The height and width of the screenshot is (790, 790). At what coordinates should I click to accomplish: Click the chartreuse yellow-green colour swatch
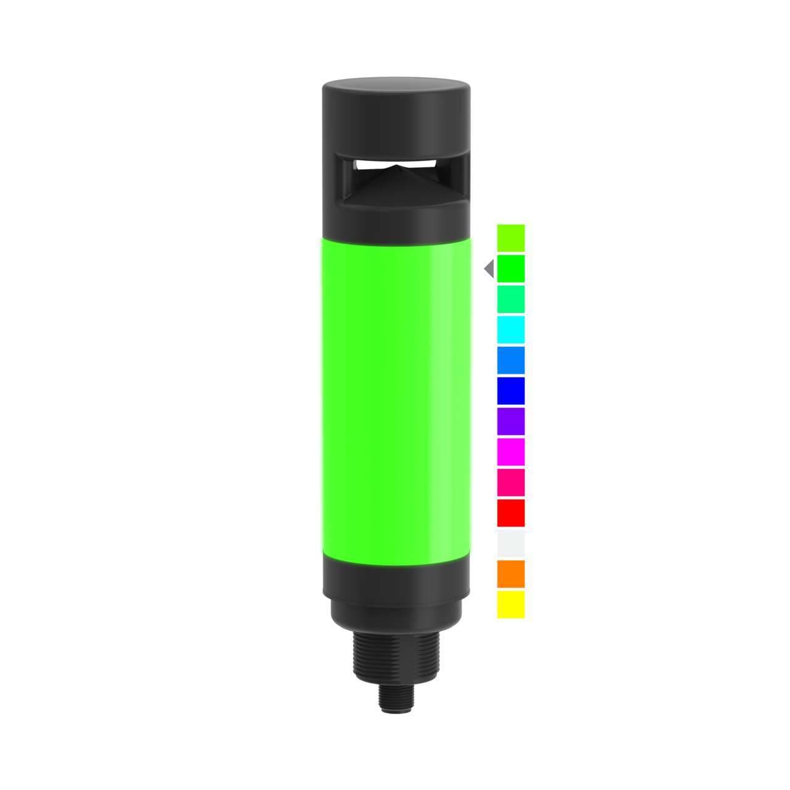tap(510, 238)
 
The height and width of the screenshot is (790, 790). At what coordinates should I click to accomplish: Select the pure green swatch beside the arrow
tap(510, 268)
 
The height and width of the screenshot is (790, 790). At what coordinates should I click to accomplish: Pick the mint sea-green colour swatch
tap(510, 299)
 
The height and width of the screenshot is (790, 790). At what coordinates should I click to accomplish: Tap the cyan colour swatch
tap(510, 329)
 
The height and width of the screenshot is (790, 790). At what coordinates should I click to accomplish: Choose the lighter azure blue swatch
tap(510, 360)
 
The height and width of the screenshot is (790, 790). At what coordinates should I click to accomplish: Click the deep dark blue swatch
tap(510, 390)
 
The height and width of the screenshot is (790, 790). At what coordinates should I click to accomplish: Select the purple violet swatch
tap(510, 421)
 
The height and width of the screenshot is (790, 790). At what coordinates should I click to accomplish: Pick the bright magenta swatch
tap(510, 451)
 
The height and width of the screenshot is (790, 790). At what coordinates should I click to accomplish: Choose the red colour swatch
tap(510, 512)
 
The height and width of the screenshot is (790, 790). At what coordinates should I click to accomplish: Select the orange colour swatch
tap(510, 573)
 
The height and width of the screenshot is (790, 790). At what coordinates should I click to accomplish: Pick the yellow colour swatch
tap(510, 604)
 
